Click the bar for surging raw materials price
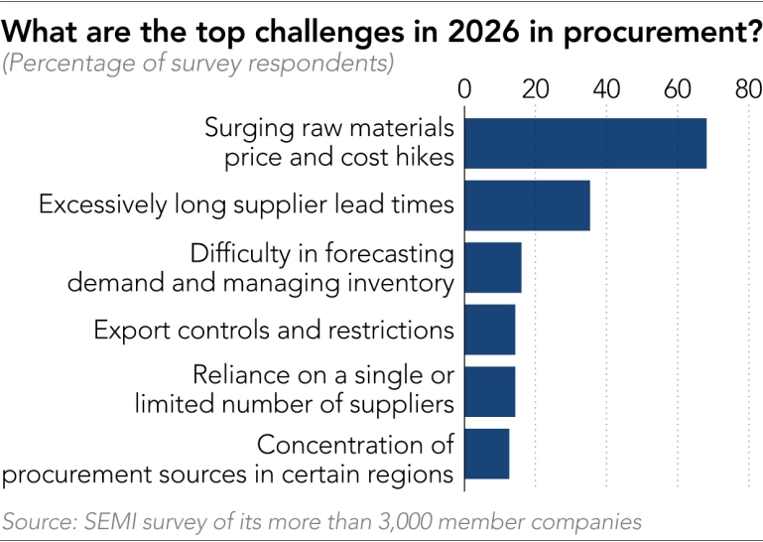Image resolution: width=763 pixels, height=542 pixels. pyautogui.click(x=584, y=143)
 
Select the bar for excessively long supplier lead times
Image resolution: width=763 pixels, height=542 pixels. pyautogui.click(x=527, y=205)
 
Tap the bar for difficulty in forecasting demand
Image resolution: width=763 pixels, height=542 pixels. pyautogui.click(x=492, y=267)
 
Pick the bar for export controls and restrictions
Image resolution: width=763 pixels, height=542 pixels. pyautogui.click(x=489, y=330)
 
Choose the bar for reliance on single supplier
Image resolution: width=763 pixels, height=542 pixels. pyautogui.click(x=489, y=391)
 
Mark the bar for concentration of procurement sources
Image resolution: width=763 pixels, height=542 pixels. pyautogui.click(x=486, y=454)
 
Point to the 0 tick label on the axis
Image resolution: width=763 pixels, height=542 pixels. pyautogui.click(x=464, y=88)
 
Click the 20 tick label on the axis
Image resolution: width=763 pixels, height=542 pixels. pyautogui.click(x=536, y=88)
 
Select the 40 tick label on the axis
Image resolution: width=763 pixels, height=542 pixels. pyautogui.click(x=607, y=88)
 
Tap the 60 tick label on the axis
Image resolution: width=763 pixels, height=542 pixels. pyautogui.click(x=678, y=88)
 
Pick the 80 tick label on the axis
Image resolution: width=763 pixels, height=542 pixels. pyautogui.click(x=747, y=88)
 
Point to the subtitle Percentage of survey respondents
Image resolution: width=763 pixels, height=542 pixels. pyautogui.click(x=198, y=66)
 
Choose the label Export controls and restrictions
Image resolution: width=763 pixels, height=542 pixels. pyautogui.click(x=274, y=330)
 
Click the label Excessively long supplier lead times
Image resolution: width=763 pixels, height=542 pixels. pyautogui.click(x=246, y=205)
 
